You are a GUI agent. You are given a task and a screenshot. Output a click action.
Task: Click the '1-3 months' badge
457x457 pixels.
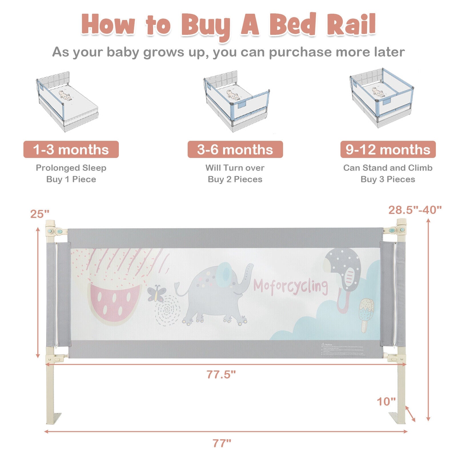point(71,149)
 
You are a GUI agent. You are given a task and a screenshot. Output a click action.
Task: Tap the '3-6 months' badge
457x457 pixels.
point(235,149)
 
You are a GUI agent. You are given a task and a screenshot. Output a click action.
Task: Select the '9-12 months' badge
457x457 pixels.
point(388,149)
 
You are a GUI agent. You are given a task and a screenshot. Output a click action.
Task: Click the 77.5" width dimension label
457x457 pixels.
point(221,374)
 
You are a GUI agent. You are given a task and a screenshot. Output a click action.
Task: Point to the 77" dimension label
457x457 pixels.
point(222,443)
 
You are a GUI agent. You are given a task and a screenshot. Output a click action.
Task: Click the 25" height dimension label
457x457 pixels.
point(40,214)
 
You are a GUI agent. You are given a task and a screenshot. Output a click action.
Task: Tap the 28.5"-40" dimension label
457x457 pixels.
point(415,210)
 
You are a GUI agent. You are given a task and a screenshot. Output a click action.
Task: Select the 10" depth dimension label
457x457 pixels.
point(386,401)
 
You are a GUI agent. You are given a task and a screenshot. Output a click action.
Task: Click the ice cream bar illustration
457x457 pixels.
point(366,314)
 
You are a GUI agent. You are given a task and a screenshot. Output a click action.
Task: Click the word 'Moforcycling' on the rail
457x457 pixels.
point(290,286)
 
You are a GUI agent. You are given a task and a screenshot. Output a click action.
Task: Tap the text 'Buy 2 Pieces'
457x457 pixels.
point(235,179)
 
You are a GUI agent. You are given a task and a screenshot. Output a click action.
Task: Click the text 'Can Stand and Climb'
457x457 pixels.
point(388,168)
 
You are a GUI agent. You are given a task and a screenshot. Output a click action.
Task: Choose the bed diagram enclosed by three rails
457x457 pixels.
point(381,97)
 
